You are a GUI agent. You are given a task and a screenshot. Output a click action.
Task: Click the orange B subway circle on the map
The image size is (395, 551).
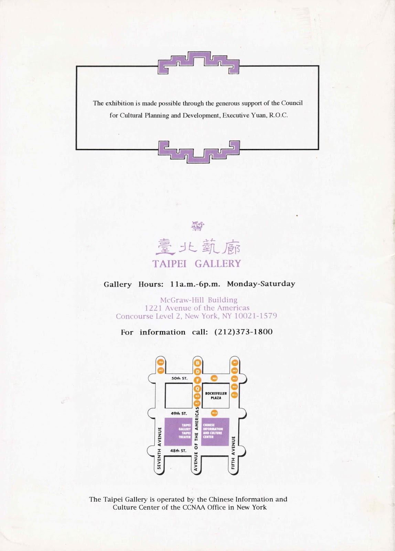pos(197,363)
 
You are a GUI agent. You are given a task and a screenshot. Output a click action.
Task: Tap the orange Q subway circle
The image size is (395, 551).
pos(197,388)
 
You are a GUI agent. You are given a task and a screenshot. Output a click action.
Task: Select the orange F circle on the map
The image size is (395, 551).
pos(197,380)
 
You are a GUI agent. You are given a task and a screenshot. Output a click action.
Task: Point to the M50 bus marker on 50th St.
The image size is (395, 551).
pos(214,378)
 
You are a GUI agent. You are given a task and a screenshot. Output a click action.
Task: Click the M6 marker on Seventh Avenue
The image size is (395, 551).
pos(160,362)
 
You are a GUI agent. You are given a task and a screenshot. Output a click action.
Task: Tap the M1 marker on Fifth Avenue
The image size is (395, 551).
pos(235,363)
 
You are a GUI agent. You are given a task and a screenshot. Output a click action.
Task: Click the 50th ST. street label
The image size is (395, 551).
pos(179,378)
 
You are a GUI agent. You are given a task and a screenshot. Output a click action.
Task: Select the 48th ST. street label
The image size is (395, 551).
pos(179,450)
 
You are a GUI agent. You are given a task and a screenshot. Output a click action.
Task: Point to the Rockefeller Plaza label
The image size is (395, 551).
pos(216,395)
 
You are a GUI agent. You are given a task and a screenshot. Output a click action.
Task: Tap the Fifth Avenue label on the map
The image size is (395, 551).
pos(233,450)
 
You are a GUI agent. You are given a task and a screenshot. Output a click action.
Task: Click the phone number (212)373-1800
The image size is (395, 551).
pos(243,332)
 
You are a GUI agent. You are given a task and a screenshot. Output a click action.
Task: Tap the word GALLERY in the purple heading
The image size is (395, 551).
pos(218,264)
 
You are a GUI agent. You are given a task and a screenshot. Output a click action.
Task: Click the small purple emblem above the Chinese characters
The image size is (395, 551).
pos(197,226)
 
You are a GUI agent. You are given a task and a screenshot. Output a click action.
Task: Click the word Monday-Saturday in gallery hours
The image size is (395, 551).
pos(261,284)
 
